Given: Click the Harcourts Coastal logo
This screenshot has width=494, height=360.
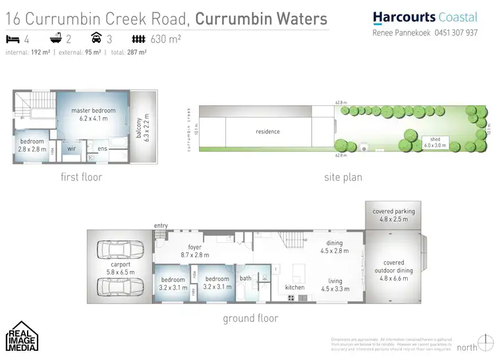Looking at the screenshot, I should tap(424, 18).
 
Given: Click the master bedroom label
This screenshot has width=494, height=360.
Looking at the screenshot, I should tap(94, 115).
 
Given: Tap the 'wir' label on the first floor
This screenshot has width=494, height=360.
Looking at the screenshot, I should tap(72, 149).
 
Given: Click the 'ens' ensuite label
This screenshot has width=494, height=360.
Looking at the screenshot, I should tap(102, 149).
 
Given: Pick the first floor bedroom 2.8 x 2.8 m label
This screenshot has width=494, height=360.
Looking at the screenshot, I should tap(32, 145).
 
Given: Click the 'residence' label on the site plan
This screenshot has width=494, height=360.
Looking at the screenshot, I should tap(268, 132).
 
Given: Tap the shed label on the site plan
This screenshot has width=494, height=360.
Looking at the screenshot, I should tap(435, 142).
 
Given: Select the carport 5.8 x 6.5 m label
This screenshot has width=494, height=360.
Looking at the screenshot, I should tap(120, 267).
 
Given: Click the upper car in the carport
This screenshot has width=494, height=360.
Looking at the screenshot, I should tap(119, 249).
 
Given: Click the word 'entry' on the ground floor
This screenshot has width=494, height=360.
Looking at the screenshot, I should tap(161, 226).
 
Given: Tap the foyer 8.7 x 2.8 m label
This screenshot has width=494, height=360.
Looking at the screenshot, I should tap(194, 251).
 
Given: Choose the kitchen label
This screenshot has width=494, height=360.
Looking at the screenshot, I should tap(294, 288).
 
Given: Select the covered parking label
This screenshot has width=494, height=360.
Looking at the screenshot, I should tap(393, 215).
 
